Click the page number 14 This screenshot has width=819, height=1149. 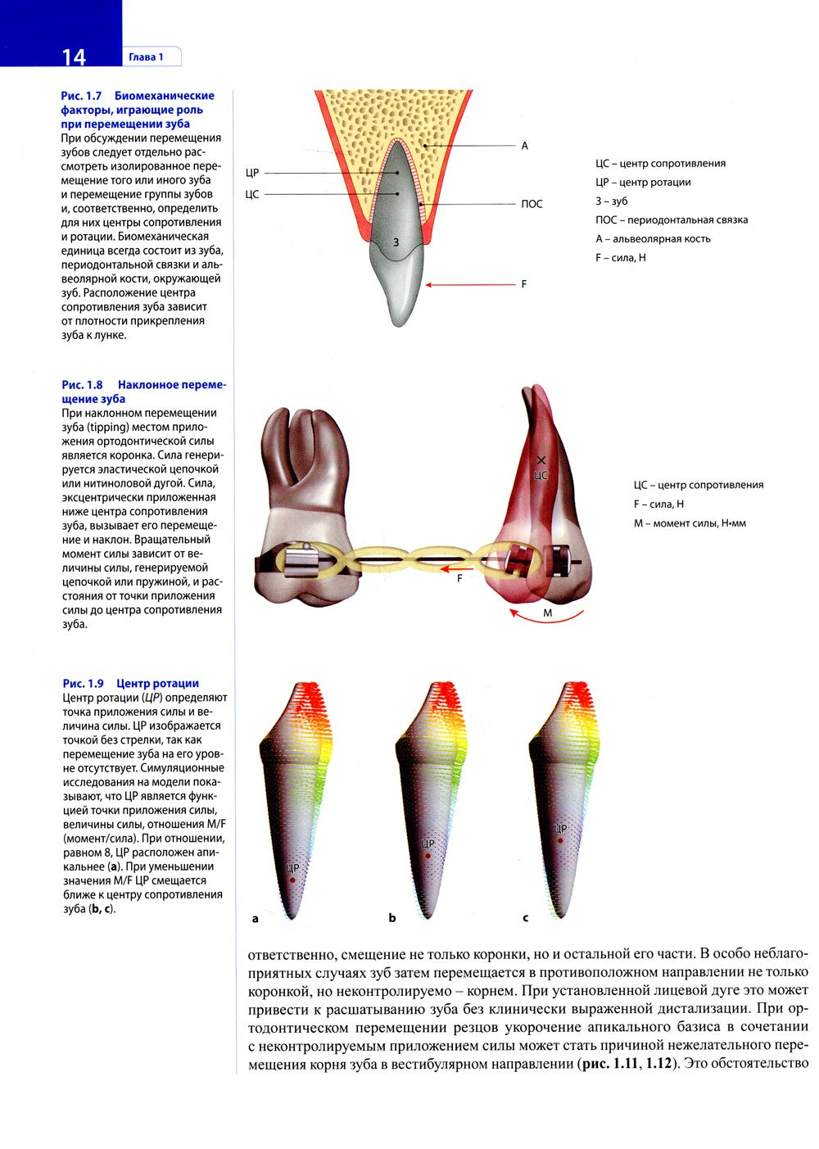point(73,57)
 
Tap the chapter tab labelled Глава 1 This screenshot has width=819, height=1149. point(146,57)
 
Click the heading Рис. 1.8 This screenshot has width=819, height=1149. point(83,385)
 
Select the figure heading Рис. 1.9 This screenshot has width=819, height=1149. point(84,683)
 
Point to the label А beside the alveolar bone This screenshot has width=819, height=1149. point(525,146)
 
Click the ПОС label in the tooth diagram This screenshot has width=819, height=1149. point(532,204)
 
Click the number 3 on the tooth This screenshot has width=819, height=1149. point(396,242)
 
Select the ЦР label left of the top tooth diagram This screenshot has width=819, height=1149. point(252,173)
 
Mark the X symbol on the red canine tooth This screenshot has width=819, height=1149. point(541,460)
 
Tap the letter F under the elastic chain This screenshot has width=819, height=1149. point(459,578)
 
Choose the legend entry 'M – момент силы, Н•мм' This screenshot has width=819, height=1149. point(690,522)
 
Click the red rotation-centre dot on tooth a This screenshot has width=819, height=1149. point(292,880)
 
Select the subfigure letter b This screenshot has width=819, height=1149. point(392,918)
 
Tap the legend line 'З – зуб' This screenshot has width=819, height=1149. point(612,201)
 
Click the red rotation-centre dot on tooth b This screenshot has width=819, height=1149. point(428,856)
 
